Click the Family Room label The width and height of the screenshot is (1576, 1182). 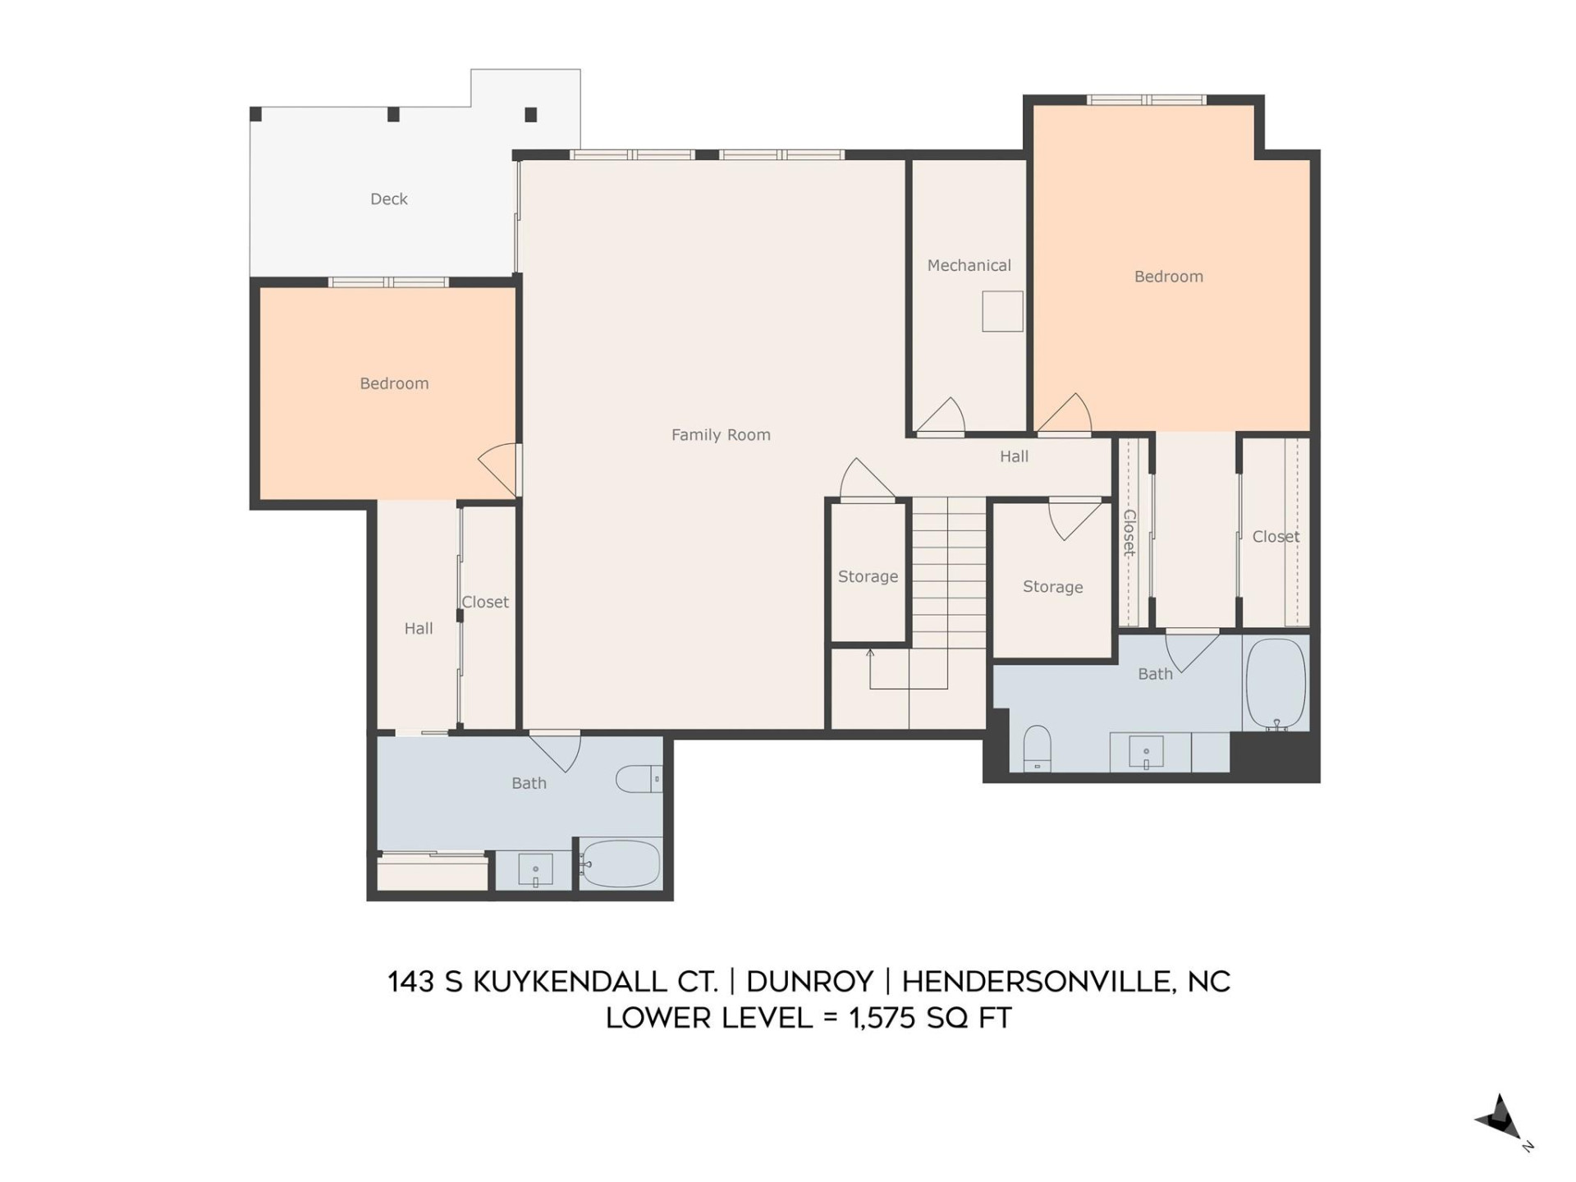pyautogui.click(x=721, y=435)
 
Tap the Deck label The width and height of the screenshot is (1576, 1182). pyautogui.click(x=388, y=199)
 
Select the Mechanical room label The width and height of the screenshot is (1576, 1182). pyautogui.click(x=969, y=265)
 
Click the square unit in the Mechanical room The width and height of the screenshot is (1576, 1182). pyautogui.click(x=1002, y=311)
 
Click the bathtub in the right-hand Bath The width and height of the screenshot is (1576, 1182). pyautogui.click(x=1276, y=683)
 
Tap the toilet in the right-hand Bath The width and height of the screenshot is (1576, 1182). pyautogui.click(x=1037, y=748)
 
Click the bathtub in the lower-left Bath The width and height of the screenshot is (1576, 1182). pyautogui.click(x=621, y=863)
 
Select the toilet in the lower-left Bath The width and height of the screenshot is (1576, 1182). pyautogui.click(x=639, y=779)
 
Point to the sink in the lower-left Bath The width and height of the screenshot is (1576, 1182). pyautogui.click(x=535, y=870)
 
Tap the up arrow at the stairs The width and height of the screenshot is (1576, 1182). pyautogui.click(x=870, y=653)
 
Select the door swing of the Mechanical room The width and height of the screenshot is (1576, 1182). pyautogui.click(x=941, y=416)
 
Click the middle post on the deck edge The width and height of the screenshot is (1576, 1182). pyautogui.click(x=393, y=115)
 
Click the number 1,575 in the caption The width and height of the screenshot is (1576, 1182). pyautogui.click(x=882, y=1019)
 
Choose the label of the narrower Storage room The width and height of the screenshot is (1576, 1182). pyautogui.click(x=868, y=576)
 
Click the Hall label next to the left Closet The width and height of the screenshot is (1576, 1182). pyautogui.click(x=418, y=628)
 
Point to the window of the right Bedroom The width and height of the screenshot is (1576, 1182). pyautogui.click(x=1146, y=100)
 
